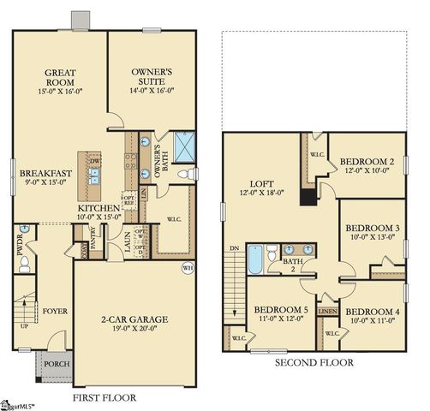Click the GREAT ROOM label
click(59, 73)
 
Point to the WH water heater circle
click(188, 268)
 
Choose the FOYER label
click(56, 312)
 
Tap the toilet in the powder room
click(25, 262)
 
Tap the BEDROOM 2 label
click(367, 161)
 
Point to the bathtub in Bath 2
click(255, 259)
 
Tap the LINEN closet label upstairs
click(327, 312)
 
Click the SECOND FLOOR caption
click(313, 363)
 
